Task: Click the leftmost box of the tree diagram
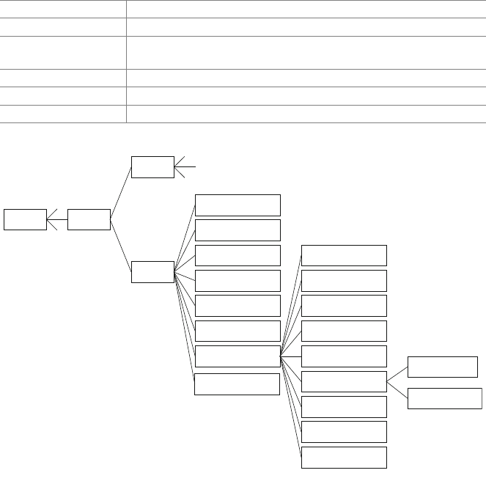tap(25, 219)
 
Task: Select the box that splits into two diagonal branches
tap(89, 219)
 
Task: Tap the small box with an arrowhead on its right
tap(152, 167)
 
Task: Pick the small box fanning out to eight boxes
tap(152, 272)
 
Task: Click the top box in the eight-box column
tap(238, 205)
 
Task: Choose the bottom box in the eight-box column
tap(238, 384)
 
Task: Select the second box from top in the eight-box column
tap(238, 230)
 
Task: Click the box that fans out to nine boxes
tap(238, 356)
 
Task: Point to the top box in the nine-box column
tap(344, 255)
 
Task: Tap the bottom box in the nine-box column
tap(344, 457)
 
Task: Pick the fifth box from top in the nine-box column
tap(344, 356)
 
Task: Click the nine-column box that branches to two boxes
tap(344, 381)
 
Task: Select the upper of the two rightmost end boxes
tap(443, 367)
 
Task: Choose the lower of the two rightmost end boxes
tap(445, 399)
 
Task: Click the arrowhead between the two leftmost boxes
tap(51, 219)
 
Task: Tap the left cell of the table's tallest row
tap(63, 53)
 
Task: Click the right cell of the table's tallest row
tap(306, 53)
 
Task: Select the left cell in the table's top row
tap(63, 9)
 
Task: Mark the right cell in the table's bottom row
tap(306, 114)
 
